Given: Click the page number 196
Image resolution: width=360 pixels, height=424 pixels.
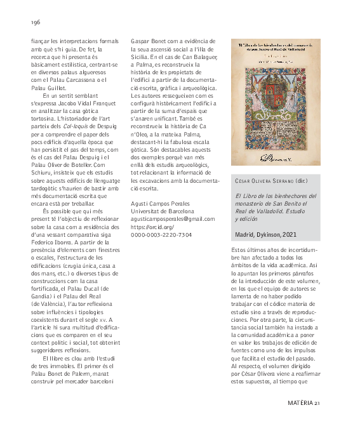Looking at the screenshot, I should pos(35,22).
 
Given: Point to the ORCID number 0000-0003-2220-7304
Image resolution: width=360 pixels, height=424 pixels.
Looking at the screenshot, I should pos(161,234).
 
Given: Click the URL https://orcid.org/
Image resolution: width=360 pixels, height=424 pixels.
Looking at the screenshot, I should pos(152,227).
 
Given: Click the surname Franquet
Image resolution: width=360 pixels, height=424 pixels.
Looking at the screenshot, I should pos(100,105).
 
